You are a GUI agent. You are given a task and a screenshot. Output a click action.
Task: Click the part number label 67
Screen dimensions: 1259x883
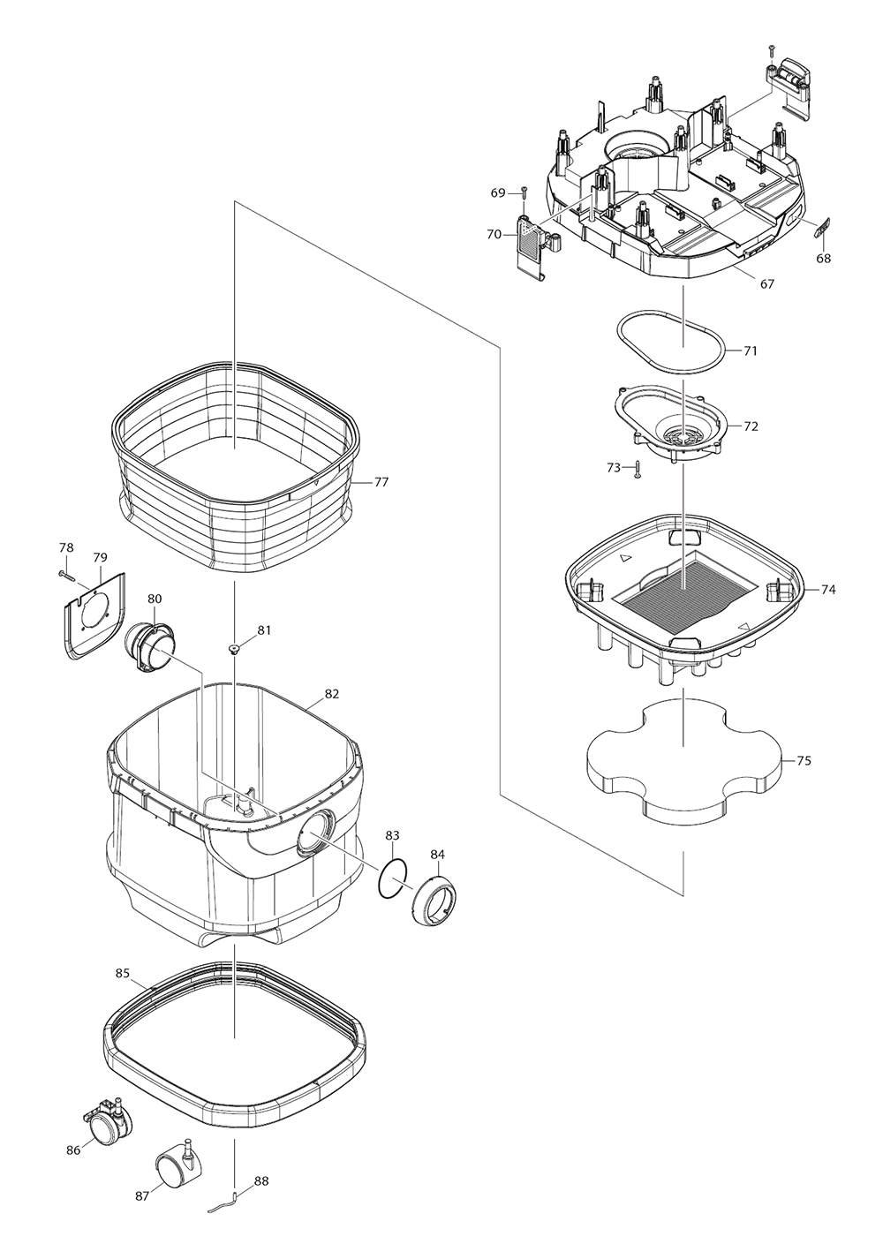point(766,283)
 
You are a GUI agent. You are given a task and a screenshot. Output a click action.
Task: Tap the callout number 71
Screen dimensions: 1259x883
point(751,351)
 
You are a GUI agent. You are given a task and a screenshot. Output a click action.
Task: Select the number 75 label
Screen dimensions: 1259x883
point(804,760)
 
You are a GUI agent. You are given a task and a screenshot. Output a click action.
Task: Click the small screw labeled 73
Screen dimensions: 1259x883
point(637,469)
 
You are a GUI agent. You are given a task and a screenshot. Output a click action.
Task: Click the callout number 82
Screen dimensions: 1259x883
point(331,694)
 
